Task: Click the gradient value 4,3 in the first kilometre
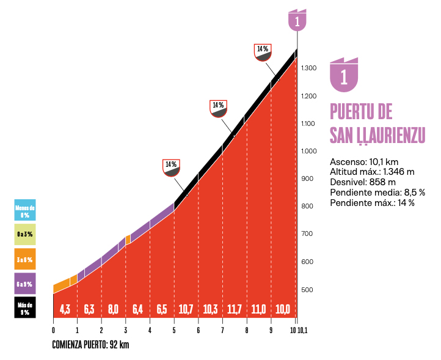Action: click(x=65, y=309)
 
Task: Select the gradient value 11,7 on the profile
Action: click(x=235, y=309)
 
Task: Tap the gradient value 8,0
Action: click(x=114, y=309)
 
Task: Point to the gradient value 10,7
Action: click(x=186, y=309)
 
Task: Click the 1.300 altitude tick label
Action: click(x=309, y=68)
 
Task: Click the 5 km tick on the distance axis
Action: click(x=174, y=331)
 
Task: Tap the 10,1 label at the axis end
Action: click(x=302, y=331)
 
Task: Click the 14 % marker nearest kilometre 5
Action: click(x=171, y=167)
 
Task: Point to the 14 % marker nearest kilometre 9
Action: click(x=263, y=52)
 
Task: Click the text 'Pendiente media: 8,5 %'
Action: click(x=377, y=193)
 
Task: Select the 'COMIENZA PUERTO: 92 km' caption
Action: click(x=91, y=345)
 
